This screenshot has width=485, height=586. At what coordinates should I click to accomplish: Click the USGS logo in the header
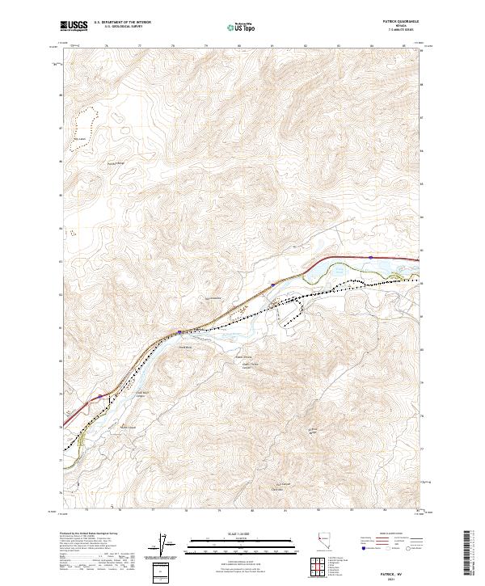(x=74, y=26)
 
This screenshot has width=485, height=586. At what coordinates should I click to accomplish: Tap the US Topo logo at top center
(x=242, y=27)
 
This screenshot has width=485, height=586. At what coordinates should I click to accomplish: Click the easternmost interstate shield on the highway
(x=370, y=258)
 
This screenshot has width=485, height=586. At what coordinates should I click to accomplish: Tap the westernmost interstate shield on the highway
(x=100, y=396)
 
